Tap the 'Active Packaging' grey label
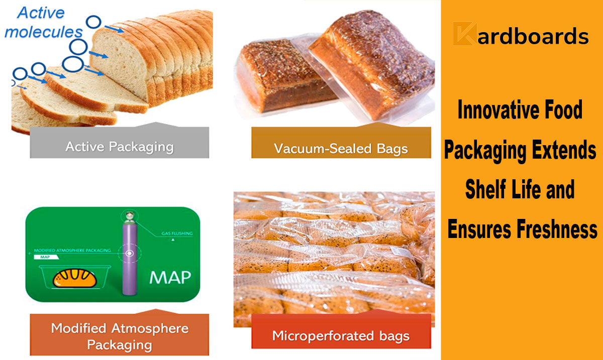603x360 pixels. tap(120, 147)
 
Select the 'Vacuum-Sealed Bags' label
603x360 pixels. tap(341, 149)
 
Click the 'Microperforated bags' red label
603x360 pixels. tap(341, 335)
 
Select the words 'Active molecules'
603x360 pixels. tap(44, 23)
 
